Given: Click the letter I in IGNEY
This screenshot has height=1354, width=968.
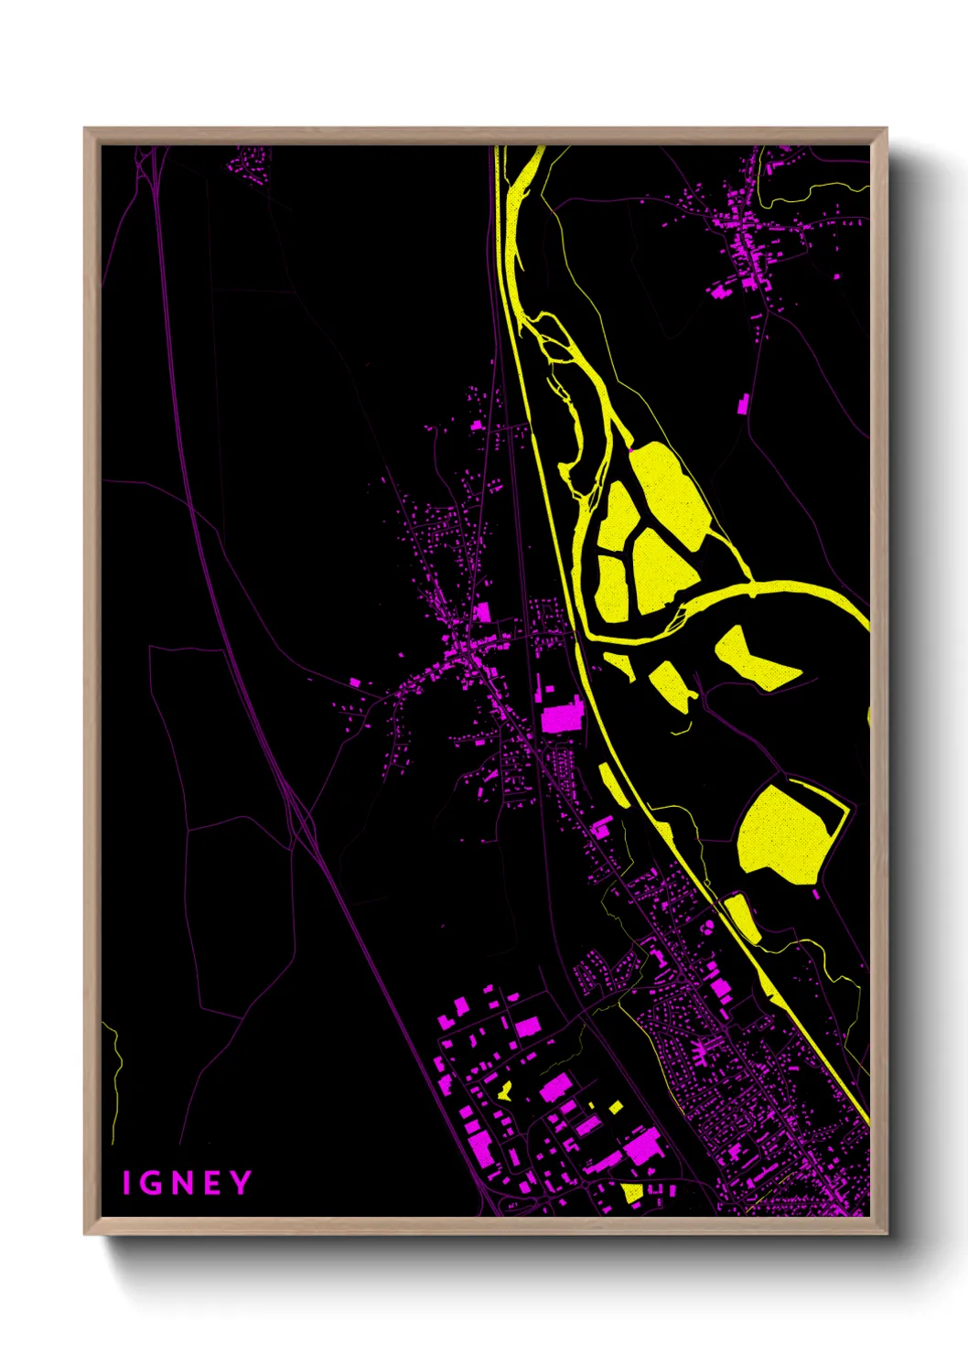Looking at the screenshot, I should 127,1184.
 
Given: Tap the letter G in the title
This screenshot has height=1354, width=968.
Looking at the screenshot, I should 152,1184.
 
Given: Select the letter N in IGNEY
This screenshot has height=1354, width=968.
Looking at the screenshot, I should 182,1184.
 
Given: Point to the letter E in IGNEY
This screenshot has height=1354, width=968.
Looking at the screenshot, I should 212,1184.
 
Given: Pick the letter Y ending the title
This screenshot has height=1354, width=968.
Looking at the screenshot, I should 241,1183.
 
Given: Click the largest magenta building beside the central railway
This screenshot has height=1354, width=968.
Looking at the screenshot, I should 562,718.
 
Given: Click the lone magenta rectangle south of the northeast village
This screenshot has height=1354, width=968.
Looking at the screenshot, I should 744,403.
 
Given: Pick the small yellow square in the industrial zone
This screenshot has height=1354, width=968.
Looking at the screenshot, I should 617,1108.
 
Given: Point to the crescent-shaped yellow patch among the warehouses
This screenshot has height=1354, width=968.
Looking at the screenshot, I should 504,1091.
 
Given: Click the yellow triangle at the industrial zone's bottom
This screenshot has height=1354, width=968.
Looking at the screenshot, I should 632,1192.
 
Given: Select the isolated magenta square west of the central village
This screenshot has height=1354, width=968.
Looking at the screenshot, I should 355,682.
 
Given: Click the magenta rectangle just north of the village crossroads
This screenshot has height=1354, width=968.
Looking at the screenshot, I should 482,612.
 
